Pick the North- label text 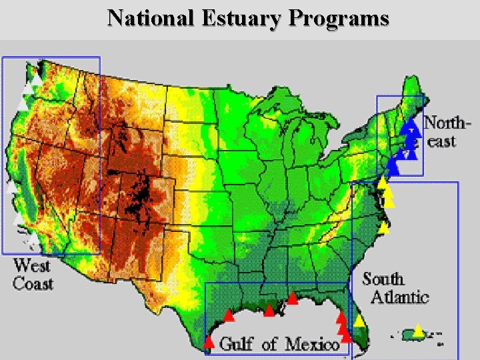(x=447, y=123)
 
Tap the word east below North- (x=441, y=141)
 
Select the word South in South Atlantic (x=383, y=279)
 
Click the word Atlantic (x=399, y=297)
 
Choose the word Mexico (x=312, y=344)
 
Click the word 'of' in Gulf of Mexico (x=270, y=344)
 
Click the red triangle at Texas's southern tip (x=209, y=343)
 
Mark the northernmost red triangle (x=292, y=298)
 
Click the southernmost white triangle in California (x=33, y=238)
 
